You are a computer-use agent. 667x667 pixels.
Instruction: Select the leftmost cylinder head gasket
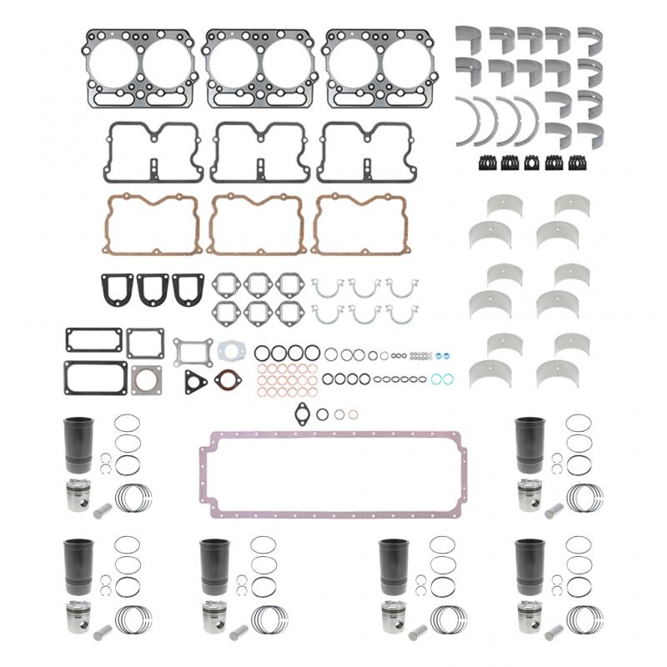[139, 68]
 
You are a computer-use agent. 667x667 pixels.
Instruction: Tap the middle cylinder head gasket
[259, 68]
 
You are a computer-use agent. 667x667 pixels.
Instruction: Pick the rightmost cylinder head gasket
[379, 68]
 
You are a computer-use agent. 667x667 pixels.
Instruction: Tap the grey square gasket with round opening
[146, 379]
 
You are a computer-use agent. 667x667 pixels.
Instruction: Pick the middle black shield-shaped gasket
[153, 288]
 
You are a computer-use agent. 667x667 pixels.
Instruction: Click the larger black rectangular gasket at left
[94, 377]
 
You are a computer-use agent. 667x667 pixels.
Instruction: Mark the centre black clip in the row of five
[531, 163]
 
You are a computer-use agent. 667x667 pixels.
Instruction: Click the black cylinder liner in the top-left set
[78, 444]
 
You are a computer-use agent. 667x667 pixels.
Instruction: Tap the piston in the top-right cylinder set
[530, 495]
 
